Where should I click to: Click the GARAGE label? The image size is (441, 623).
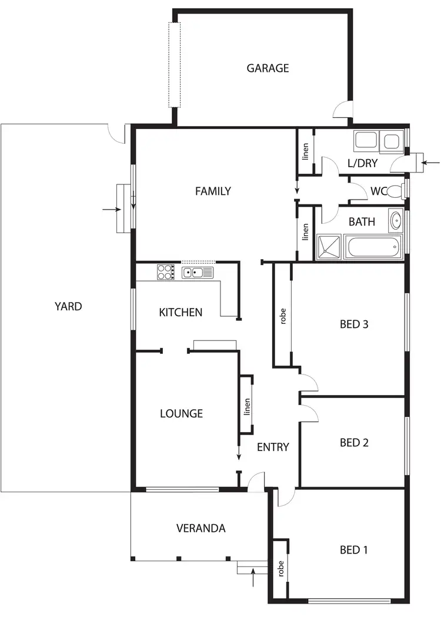coord(268,68)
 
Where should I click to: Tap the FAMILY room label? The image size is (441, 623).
coord(213,191)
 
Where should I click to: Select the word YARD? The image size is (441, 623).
coord(68,306)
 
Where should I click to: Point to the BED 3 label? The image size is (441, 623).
coord(354,324)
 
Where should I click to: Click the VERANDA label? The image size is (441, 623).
coord(201,528)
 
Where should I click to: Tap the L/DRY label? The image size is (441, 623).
coord(362,163)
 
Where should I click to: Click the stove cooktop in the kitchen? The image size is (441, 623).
coord(165,273)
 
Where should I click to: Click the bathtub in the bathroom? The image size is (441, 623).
coord(374,247)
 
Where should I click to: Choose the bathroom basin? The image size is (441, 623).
coord(396,221)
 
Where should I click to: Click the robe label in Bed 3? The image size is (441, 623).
coord(283,316)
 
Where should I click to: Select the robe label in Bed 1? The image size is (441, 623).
coord(281,568)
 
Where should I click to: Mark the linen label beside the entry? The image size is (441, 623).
coord(247,407)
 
